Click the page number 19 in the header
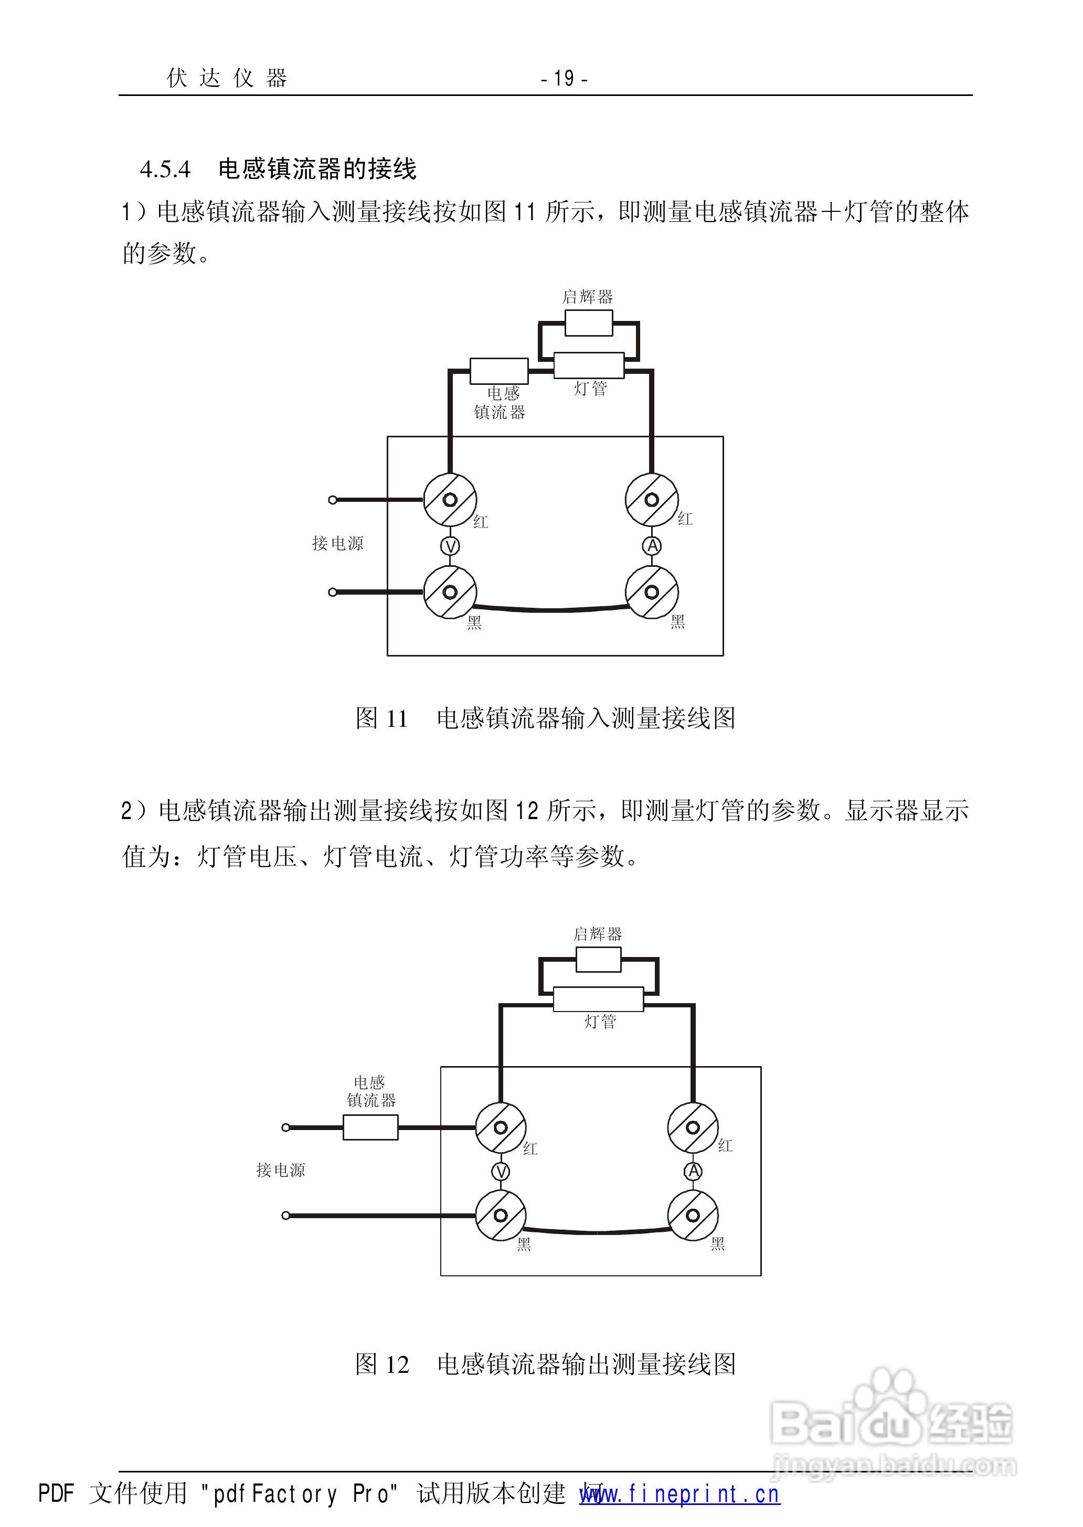564,79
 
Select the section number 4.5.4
165,169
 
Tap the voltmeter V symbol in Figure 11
451,546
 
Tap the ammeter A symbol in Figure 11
652,546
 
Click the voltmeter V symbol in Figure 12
501,1171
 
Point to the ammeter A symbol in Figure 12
694,1170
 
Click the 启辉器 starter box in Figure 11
588,323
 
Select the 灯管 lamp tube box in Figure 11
589,365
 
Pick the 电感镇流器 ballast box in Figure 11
499,371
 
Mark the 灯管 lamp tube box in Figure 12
598,999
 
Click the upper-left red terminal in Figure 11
450,500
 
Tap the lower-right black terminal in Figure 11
652,592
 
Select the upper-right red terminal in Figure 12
693,1128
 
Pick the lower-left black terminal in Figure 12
501,1216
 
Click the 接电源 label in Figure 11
338,544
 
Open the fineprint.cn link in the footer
679,1494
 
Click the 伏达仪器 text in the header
227,79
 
